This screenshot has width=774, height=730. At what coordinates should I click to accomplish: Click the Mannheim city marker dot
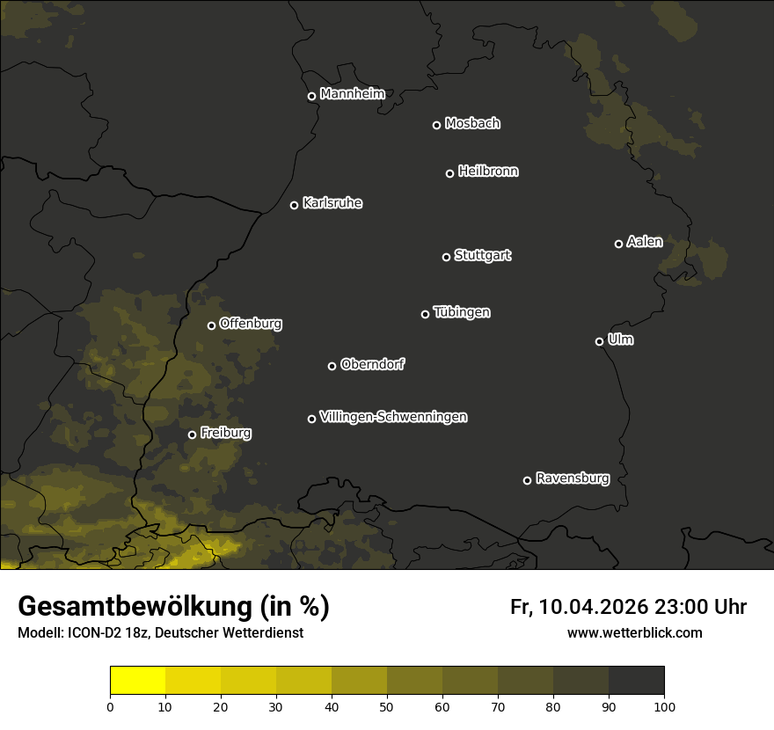[311, 97]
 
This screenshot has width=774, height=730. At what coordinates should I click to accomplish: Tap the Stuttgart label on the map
[482, 255]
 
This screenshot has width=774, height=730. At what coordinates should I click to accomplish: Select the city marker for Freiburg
[192, 434]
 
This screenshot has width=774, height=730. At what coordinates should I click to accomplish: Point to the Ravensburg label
[572, 478]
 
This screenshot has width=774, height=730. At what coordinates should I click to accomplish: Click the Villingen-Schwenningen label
[393, 417]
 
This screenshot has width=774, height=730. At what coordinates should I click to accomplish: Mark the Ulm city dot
[599, 341]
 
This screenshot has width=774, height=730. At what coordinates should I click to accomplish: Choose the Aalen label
[645, 242]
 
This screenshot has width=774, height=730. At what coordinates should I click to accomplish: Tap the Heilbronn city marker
[449, 173]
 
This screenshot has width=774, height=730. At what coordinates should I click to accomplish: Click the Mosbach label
[472, 123]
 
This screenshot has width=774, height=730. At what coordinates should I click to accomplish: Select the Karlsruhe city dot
[294, 205]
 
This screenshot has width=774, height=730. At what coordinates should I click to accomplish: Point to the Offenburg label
[251, 323]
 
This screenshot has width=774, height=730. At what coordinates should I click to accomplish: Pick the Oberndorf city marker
[332, 366]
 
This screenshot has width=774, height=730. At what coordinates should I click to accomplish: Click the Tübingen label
[462, 312]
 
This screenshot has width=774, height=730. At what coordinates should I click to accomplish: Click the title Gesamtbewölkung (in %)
[173, 606]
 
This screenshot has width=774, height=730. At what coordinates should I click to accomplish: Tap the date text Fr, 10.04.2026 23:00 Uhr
[628, 607]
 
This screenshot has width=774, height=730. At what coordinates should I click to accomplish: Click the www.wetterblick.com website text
[634, 632]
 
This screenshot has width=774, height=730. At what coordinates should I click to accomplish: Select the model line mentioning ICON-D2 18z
[160, 632]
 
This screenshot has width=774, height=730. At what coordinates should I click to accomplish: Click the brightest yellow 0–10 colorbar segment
[138, 681]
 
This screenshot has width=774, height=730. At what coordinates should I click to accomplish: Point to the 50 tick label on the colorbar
[387, 705]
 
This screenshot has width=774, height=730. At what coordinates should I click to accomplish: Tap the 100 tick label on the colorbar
[663, 705]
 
